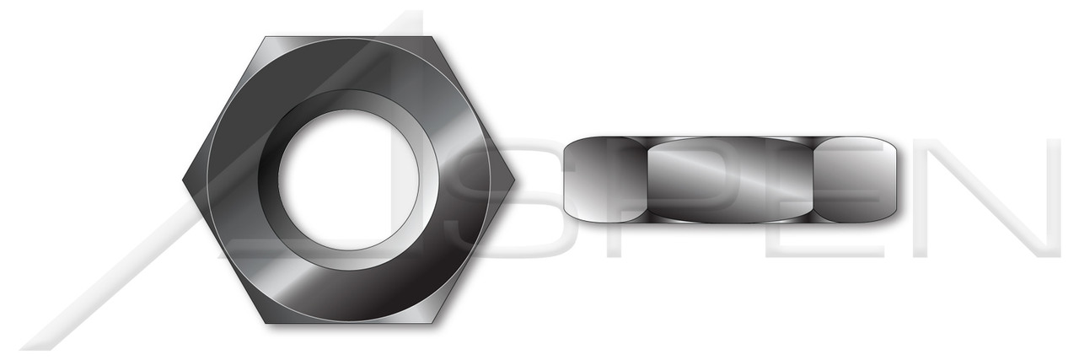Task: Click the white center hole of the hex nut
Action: tap(348, 180)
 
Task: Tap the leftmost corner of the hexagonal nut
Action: tap(184, 180)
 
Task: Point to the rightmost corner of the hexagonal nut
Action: tap(513, 180)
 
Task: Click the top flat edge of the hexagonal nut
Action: tap(348, 38)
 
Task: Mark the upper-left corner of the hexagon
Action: tap(266, 38)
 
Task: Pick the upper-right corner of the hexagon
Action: tap(432, 38)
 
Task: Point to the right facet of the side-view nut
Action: tap(855, 180)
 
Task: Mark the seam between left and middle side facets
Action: tap(647, 180)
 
